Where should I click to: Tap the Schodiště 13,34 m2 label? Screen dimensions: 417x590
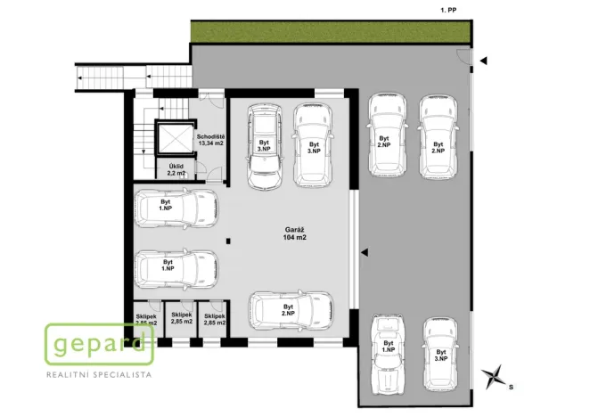click(211, 139)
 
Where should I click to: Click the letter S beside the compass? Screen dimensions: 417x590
click(511, 388)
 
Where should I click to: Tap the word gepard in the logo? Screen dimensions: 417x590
click(99, 343)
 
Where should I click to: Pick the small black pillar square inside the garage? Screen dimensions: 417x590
click(229, 239)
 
